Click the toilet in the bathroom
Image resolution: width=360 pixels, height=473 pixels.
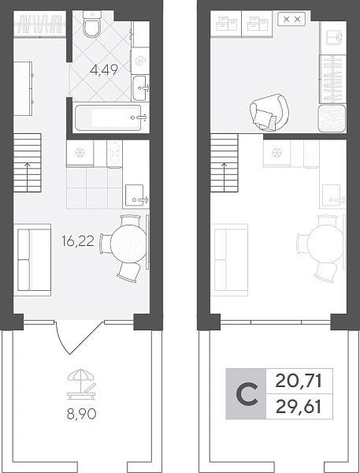tap(93, 24)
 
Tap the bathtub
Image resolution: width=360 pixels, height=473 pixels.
tap(108, 117)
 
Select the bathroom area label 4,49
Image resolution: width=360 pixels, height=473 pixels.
tap(104, 71)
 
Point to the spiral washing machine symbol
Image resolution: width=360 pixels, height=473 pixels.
tap(139, 61)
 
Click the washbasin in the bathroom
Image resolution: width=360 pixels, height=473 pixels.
tap(139, 88)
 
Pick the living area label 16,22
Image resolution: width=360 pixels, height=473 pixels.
tap(78, 241)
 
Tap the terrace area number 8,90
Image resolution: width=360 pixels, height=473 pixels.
tap(81, 415)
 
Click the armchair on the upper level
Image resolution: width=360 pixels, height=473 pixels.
tap(269, 112)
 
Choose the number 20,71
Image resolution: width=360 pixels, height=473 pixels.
tap(299, 381)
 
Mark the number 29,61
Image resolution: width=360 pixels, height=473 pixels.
tap(299, 407)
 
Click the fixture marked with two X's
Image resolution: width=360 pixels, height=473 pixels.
tap(291, 19)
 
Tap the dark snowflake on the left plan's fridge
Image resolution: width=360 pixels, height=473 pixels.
tap(80, 153)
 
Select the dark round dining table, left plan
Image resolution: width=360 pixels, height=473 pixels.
tap(128, 242)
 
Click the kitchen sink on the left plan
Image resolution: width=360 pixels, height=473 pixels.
tap(135, 196)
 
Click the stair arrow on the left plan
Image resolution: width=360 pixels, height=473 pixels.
tap(28, 177)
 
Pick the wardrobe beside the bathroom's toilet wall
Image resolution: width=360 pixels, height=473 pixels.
tap(40, 24)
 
